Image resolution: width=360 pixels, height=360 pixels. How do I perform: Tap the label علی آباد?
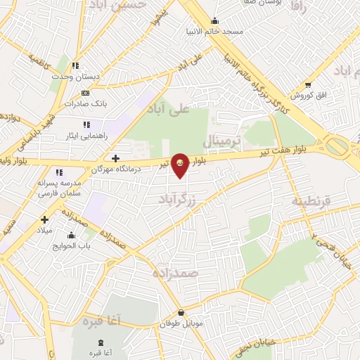(x=169, y=108)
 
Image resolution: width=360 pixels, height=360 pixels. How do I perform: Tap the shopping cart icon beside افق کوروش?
(x=308, y=85)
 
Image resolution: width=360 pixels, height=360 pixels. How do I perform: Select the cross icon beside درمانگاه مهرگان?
(x=116, y=158)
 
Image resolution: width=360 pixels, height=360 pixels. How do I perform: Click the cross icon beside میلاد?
(x=45, y=219)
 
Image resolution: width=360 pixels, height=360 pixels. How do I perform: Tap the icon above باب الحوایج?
(x=71, y=235)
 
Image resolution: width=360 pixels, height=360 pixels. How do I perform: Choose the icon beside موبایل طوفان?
(x=181, y=313)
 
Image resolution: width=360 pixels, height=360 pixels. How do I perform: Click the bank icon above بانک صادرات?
(x=85, y=93)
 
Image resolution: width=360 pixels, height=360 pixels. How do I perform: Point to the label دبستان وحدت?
(x=78, y=77)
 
